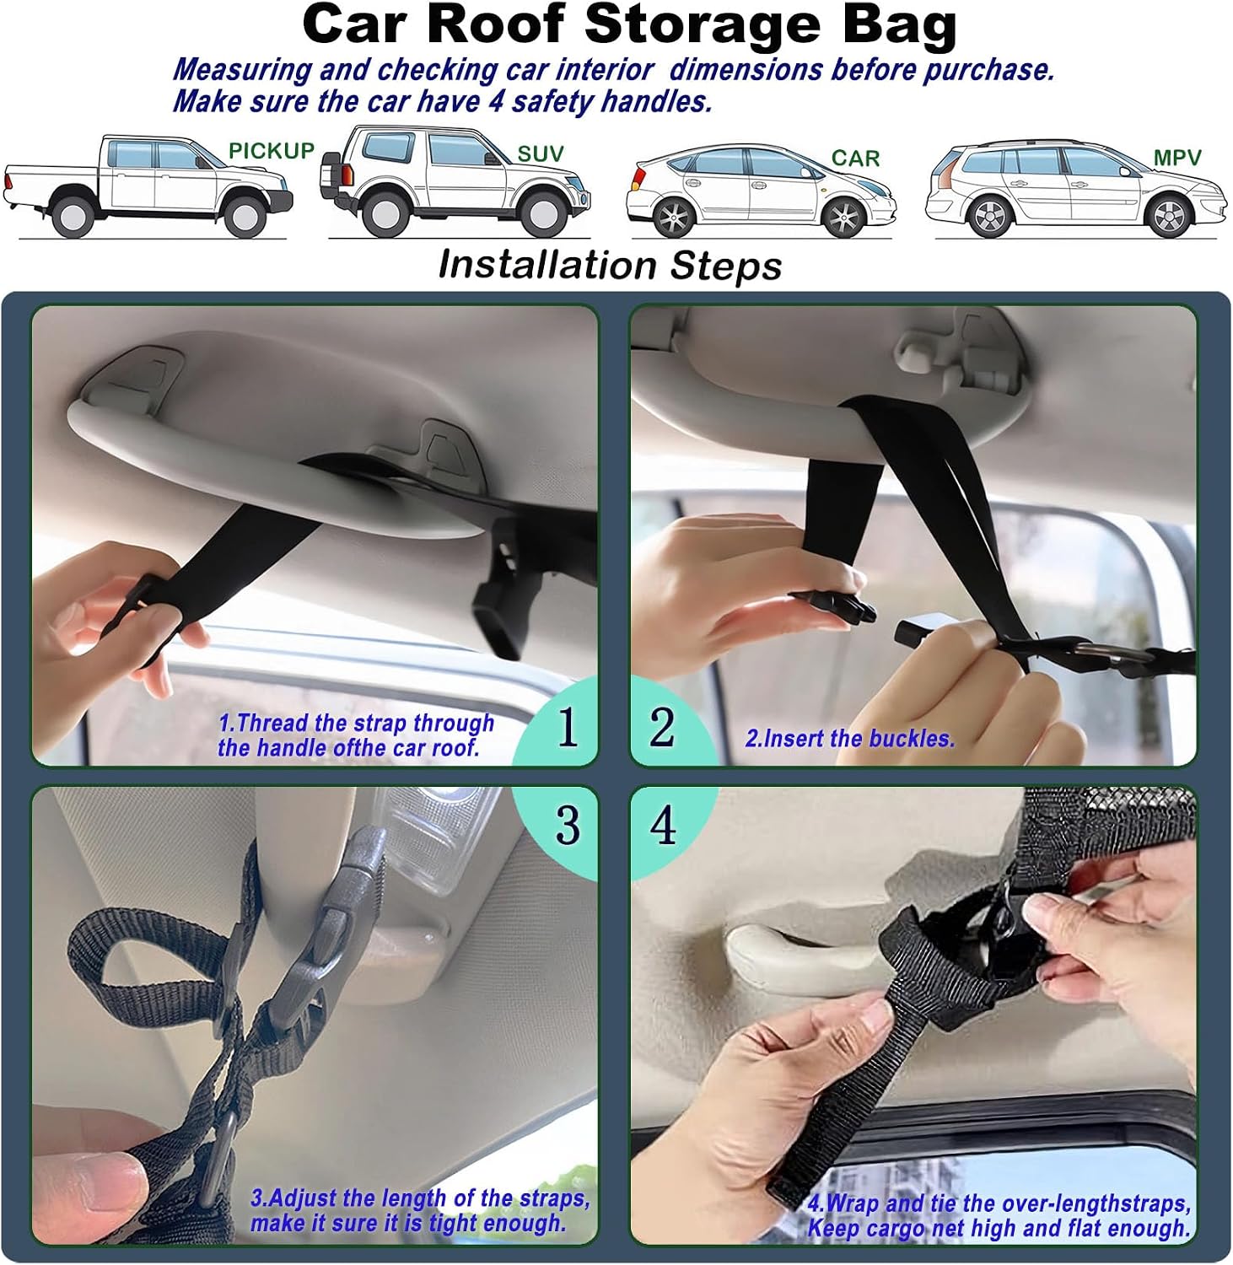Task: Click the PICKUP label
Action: point(272,151)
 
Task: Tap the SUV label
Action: point(540,154)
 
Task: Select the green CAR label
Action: point(855,159)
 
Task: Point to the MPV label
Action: point(1177,158)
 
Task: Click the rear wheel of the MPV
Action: point(990,216)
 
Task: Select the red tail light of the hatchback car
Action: point(638,179)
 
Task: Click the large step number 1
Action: point(568,726)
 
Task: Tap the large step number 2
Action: point(662,726)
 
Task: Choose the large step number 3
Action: point(568,825)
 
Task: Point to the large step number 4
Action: point(663,825)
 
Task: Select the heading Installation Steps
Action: point(611,265)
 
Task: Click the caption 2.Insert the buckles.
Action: point(850,739)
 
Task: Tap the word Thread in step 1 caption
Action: point(272,723)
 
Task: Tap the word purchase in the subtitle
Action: point(988,70)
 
